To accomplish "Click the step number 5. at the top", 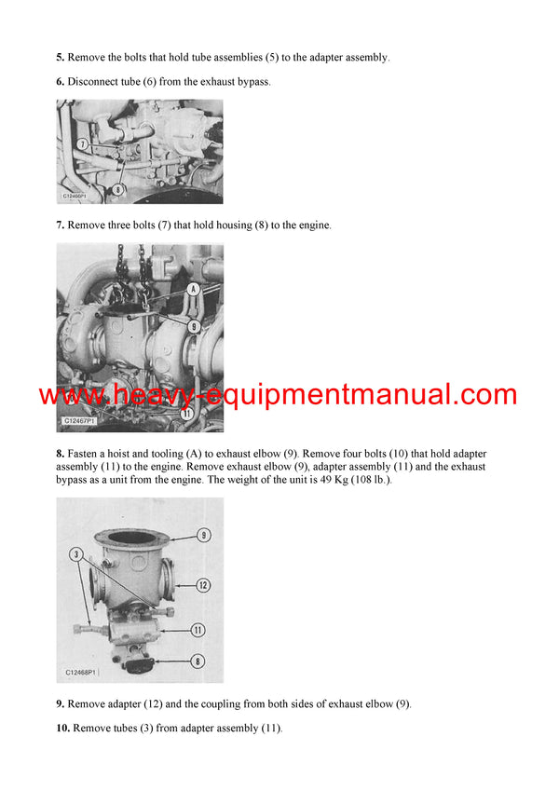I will coord(61,57).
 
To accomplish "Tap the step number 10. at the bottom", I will coord(63,728).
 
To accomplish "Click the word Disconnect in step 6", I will coord(96,82).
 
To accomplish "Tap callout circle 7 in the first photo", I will coord(83,144).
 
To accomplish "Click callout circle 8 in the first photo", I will coord(118,189).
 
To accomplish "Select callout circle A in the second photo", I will coord(194,289).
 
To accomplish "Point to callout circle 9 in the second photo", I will coord(194,326).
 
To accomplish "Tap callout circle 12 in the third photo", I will coord(203,585).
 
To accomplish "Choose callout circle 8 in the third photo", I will coord(198,661).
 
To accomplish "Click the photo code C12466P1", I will coord(75,198).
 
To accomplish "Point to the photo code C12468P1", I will coord(82,672).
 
